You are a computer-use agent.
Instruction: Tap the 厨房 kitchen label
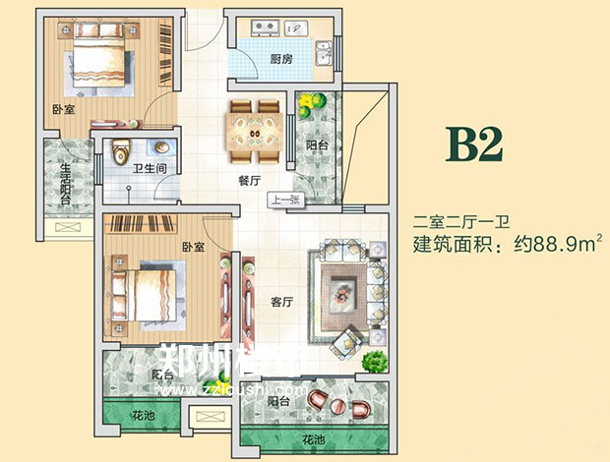(x=281, y=58)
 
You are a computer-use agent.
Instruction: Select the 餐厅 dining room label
(x=250, y=181)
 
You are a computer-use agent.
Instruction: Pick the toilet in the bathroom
(x=121, y=153)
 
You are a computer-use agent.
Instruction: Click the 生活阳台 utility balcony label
(x=65, y=185)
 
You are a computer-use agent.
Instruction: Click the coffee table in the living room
(x=345, y=289)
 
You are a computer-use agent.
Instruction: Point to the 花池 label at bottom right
(x=313, y=438)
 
